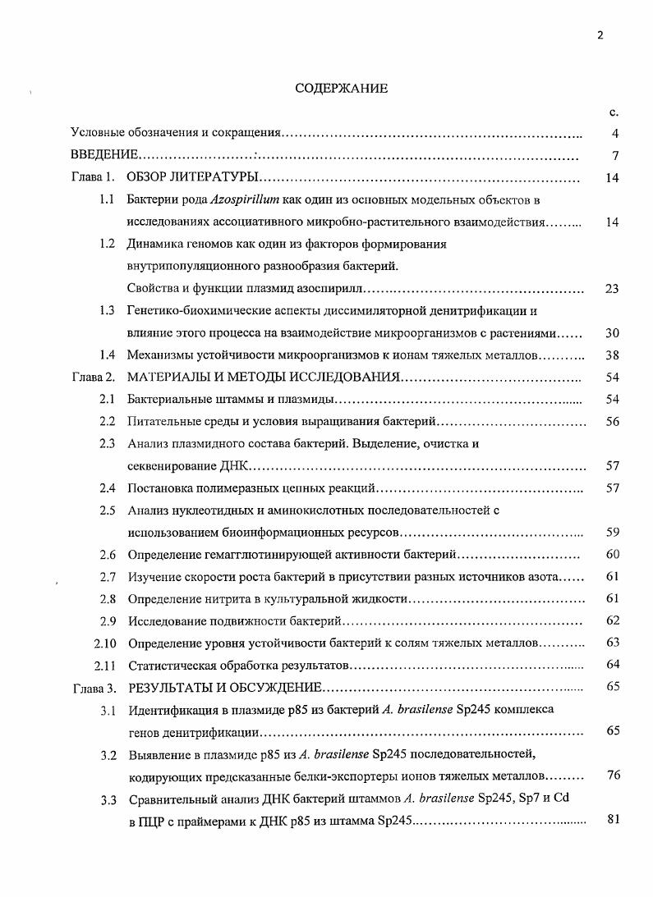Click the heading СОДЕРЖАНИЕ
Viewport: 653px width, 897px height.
[341, 89]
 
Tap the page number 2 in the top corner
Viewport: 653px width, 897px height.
[600, 35]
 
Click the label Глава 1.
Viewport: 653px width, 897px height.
[91, 178]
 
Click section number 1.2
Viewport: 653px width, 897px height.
[107, 245]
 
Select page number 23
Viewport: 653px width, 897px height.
[611, 289]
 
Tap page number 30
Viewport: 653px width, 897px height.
[611, 333]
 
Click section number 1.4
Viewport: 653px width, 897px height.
[107, 355]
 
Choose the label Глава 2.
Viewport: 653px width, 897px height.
[91, 378]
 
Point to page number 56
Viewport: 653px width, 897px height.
[611, 422]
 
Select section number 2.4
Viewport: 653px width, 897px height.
[107, 488]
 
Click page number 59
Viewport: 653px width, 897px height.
[611, 533]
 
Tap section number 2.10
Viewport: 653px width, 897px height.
[103, 643]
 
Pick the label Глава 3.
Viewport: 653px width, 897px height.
[91, 687]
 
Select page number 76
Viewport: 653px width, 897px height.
[611, 776]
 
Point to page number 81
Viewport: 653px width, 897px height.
[611, 820]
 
